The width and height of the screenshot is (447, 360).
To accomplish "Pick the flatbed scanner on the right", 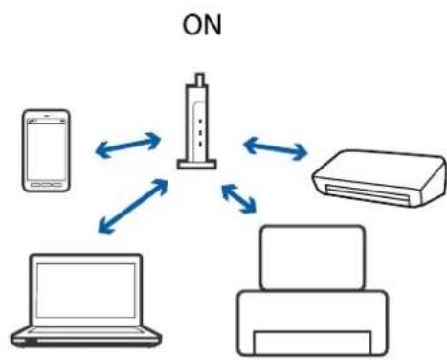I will click(380, 175).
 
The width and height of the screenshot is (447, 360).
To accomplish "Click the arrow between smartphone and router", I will click(128, 145).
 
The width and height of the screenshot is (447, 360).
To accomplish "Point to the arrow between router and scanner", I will click(275, 147).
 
